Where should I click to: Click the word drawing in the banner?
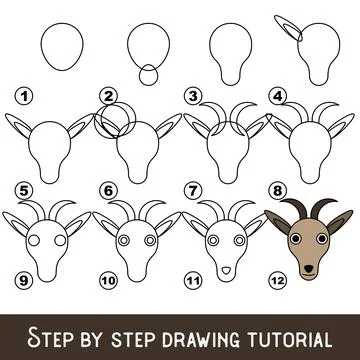coord(189,331)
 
